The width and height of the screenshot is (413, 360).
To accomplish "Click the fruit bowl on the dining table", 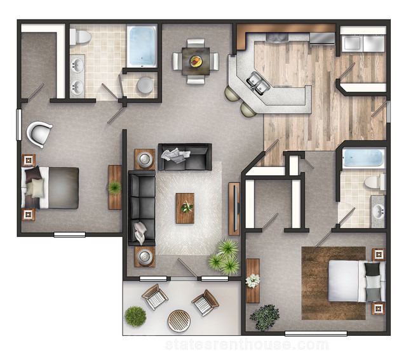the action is (x=196, y=62).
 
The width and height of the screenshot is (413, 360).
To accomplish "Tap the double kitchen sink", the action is (x=258, y=83).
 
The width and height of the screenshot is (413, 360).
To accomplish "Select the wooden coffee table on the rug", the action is (x=185, y=208).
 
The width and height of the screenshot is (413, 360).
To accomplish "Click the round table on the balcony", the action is (x=179, y=321).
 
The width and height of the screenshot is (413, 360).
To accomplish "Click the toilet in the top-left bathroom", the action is (x=80, y=37).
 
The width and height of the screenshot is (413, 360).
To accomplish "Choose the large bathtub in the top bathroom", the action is (x=142, y=46).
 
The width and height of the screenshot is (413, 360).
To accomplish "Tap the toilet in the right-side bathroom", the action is (x=375, y=182).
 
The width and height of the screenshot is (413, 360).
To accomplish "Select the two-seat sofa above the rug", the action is (x=185, y=157).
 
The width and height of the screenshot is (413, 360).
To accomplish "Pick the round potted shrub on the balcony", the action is (x=135, y=316).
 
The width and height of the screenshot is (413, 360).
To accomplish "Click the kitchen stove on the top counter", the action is (x=277, y=37).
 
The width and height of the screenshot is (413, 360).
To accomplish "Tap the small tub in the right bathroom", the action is (x=363, y=157).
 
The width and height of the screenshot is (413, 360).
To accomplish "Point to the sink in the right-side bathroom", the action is (x=378, y=211).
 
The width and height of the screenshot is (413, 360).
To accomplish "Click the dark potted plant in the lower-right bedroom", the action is (x=264, y=317).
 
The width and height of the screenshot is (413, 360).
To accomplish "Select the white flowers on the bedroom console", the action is (x=253, y=281).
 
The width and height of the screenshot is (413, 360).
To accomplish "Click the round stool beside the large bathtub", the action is (x=145, y=85).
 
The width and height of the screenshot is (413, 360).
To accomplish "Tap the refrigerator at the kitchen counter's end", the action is (x=322, y=38).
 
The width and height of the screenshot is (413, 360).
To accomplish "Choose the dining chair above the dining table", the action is (x=196, y=43).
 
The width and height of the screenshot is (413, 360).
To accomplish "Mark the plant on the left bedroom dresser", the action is (x=114, y=187).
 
